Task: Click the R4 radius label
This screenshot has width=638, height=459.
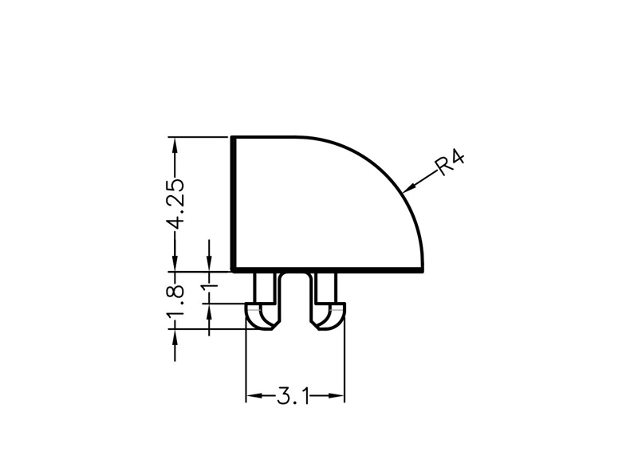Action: click(x=450, y=163)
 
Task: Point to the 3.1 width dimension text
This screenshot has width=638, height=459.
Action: click(x=293, y=396)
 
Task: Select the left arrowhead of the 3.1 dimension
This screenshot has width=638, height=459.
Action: click(x=253, y=395)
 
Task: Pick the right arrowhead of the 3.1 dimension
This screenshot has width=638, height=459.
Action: click(x=337, y=395)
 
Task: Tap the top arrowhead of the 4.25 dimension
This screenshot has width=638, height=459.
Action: click(x=175, y=145)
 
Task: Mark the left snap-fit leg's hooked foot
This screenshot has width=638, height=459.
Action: click(x=262, y=316)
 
